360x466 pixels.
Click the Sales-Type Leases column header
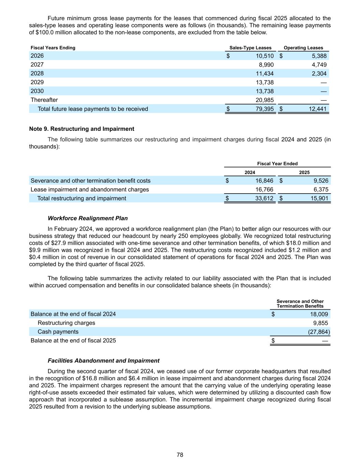[250, 48]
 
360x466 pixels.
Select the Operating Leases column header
[303, 48]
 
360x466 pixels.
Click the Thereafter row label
[44, 100]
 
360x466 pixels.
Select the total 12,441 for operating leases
[317, 109]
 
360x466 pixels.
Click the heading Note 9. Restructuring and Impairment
[82, 129]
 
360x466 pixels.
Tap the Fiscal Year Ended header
[277, 164]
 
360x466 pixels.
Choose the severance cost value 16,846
[264, 181]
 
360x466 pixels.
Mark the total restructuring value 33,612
[264, 198]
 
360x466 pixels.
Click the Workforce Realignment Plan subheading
[88, 218]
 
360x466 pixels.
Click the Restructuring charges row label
[66, 323]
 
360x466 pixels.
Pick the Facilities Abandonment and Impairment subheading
[103, 361]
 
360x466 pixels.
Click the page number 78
[180, 455]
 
